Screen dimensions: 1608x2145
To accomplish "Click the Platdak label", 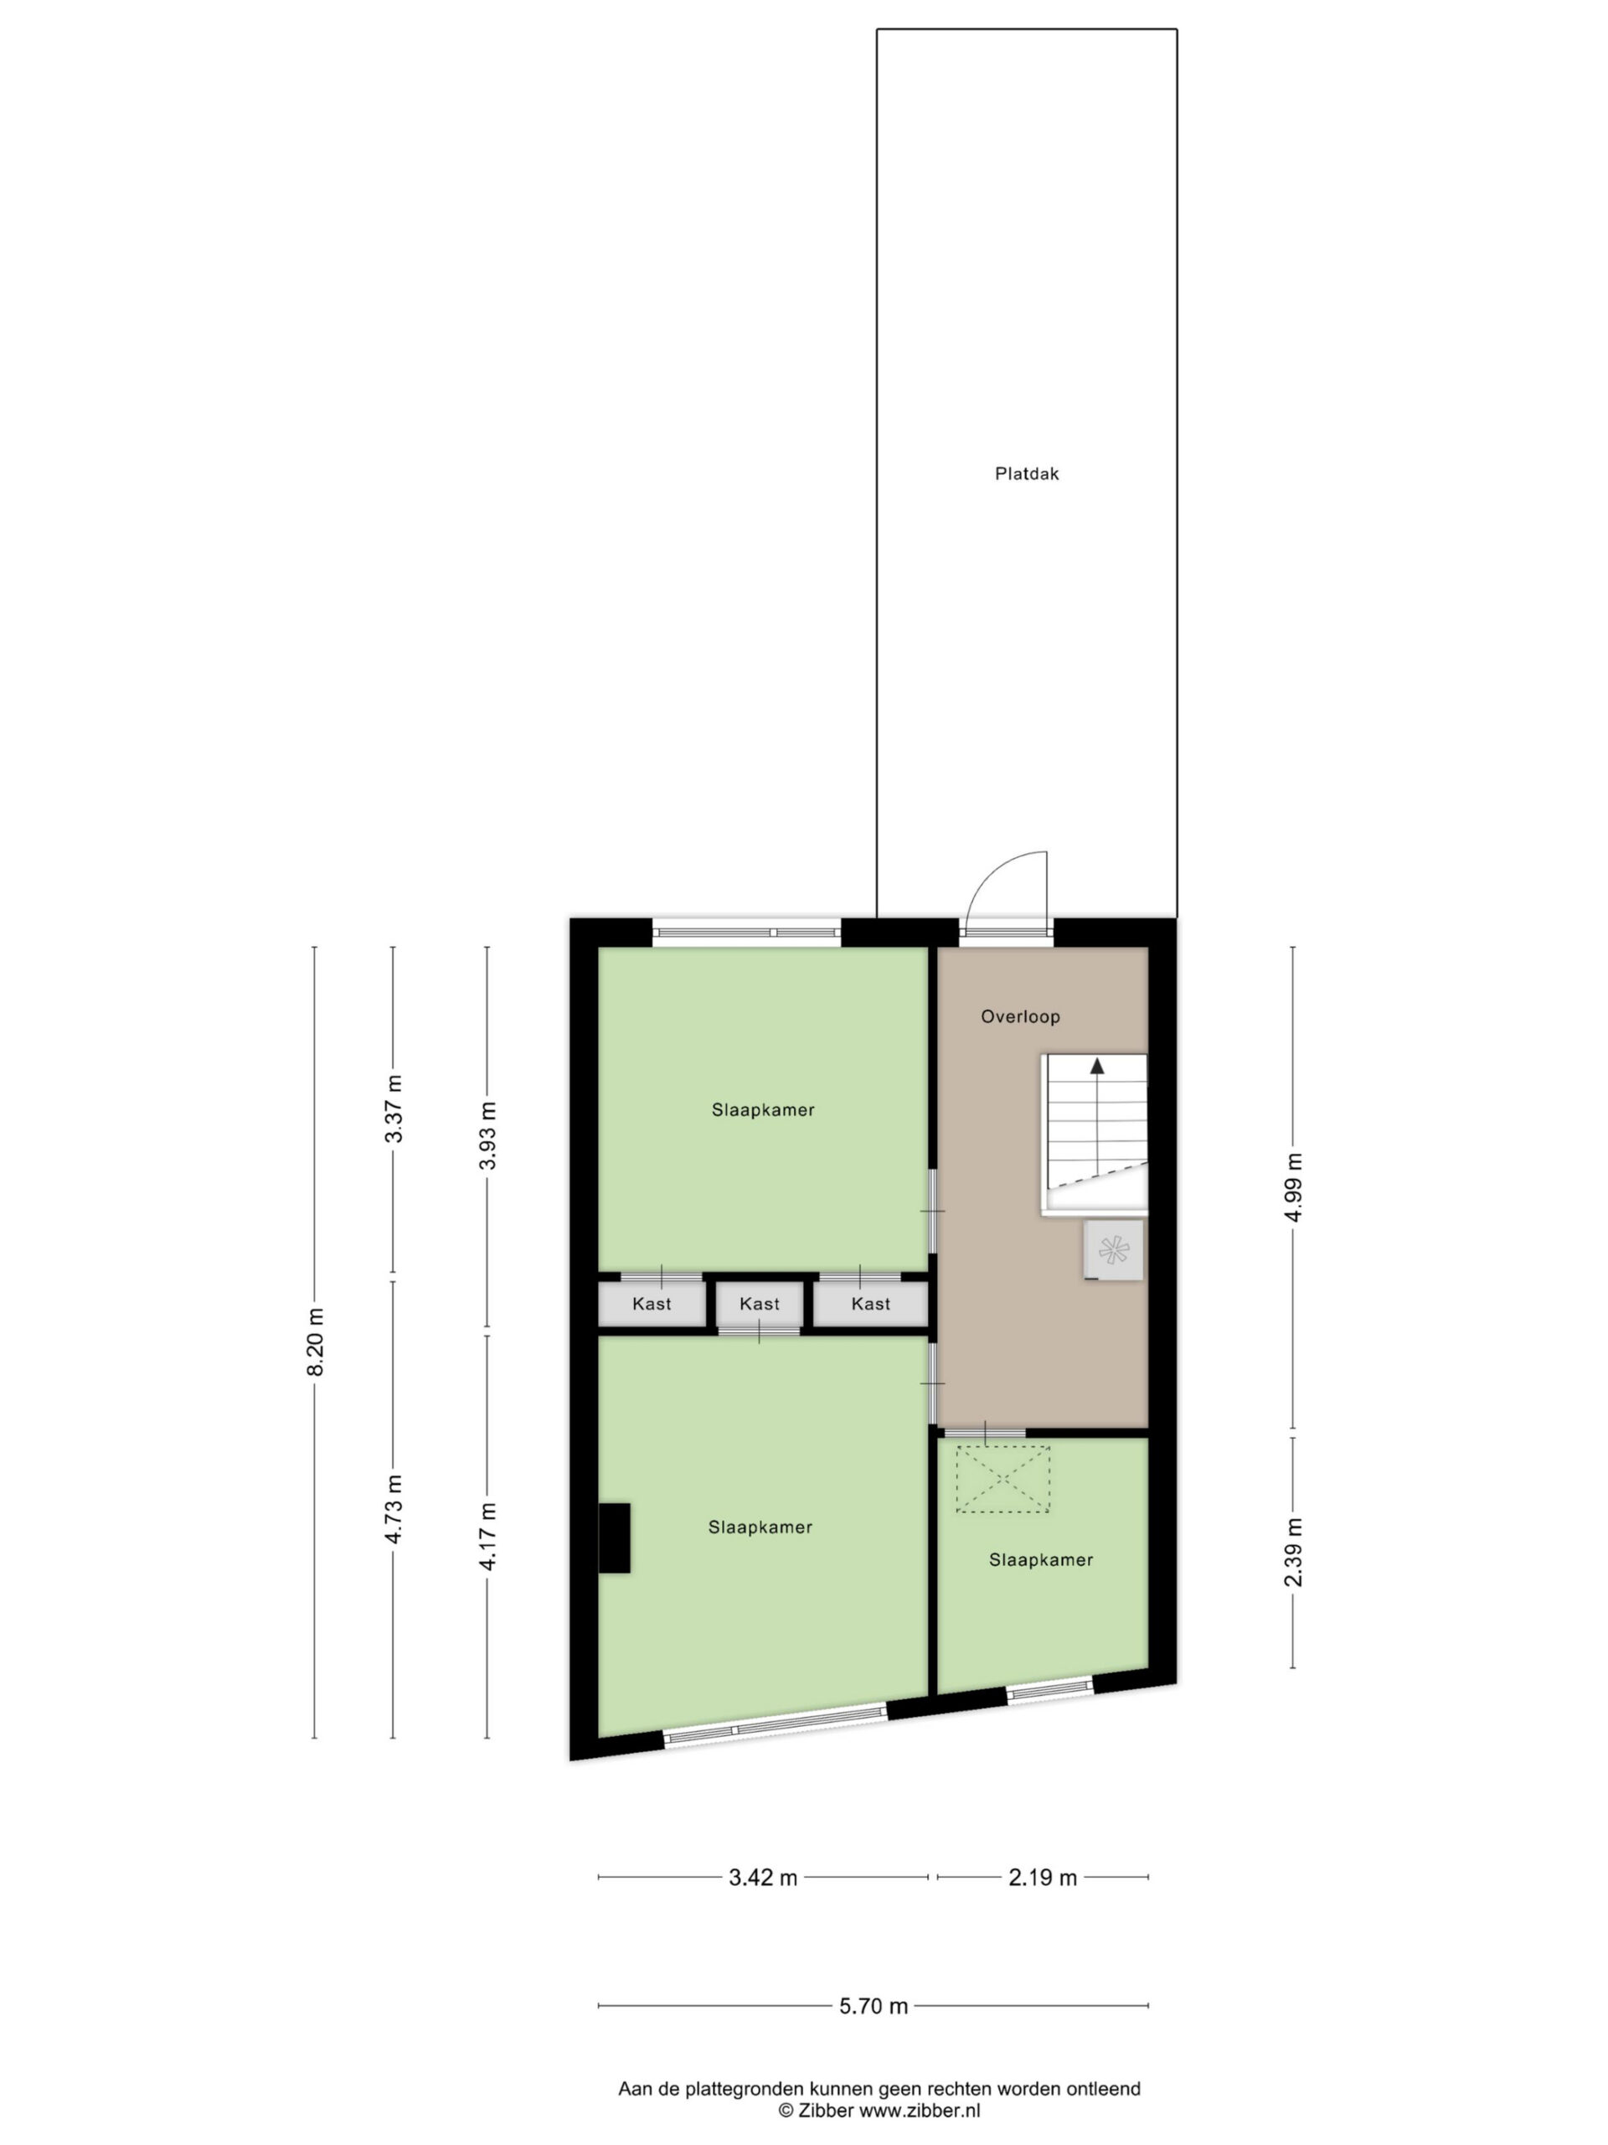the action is (x=1027, y=474).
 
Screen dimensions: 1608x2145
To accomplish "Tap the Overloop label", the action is (x=1020, y=1017).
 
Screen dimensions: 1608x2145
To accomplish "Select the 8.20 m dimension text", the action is (x=315, y=1342).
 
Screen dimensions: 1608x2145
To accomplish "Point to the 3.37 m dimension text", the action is (x=394, y=1109).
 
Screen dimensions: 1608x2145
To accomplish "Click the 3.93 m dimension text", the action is (x=487, y=1135).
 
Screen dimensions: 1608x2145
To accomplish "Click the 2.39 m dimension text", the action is (x=1293, y=1553).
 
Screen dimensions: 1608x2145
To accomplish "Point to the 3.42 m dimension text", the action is (x=763, y=1879).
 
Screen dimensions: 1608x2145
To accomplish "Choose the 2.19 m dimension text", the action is (x=1043, y=1879).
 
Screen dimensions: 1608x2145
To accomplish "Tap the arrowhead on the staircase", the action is (x=1097, y=1066).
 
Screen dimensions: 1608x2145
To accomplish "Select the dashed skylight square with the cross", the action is (x=1002, y=1480).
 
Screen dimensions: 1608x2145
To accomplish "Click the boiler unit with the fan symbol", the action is (x=1114, y=1250).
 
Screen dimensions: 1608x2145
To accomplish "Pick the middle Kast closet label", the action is (x=759, y=1305).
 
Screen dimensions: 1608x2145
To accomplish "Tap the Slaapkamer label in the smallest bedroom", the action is (x=1041, y=1560).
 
